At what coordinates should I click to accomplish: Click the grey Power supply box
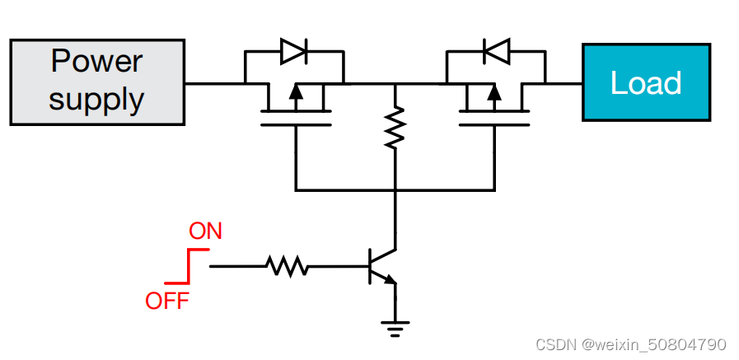[96, 82]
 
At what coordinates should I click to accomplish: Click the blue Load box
[646, 82]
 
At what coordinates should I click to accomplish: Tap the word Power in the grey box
[96, 62]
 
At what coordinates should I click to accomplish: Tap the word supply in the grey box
[96, 100]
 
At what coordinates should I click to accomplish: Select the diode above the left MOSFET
[294, 51]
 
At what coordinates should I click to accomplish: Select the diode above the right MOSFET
[495, 51]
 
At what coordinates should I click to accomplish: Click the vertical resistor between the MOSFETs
[395, 126]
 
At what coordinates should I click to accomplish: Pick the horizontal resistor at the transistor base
[286, 266]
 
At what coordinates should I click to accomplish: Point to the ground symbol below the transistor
[395, 327]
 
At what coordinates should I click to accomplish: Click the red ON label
[206, 231]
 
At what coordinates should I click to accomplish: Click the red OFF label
[167, 301]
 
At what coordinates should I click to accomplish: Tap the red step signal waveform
[185, 266]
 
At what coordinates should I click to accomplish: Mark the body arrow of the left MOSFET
[295, 95]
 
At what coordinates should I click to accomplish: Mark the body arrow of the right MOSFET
[494, 95]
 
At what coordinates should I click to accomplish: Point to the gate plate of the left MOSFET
[295, 125]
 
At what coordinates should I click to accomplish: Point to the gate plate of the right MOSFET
[494, 125]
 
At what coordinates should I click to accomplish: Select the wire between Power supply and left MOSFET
[214, 83]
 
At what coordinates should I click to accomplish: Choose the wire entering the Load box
[564, 83]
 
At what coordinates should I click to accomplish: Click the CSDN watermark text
[630, 344]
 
